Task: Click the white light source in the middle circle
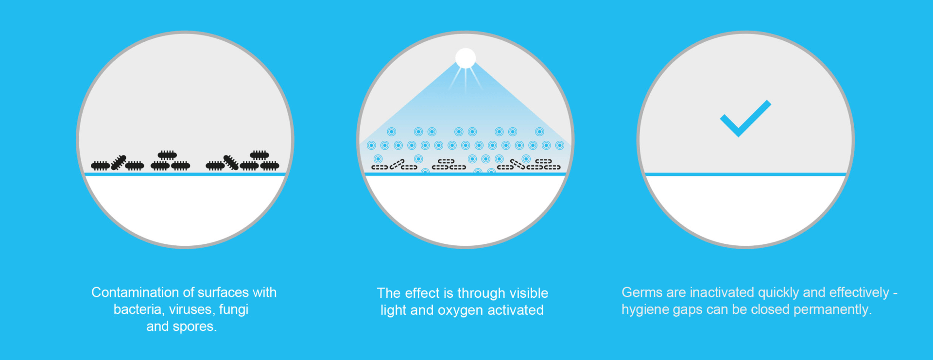pyautogui.click(x=466, y=58)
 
